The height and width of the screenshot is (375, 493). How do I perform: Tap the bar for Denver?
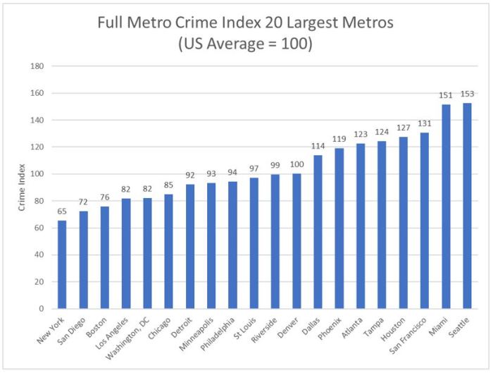297,241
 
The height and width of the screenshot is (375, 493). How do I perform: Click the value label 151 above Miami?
446,96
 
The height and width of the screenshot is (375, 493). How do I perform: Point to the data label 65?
62,211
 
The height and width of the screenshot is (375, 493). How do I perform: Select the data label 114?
318,146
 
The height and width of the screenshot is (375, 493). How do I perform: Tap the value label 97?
254,169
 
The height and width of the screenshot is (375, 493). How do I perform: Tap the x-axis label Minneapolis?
199,333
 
